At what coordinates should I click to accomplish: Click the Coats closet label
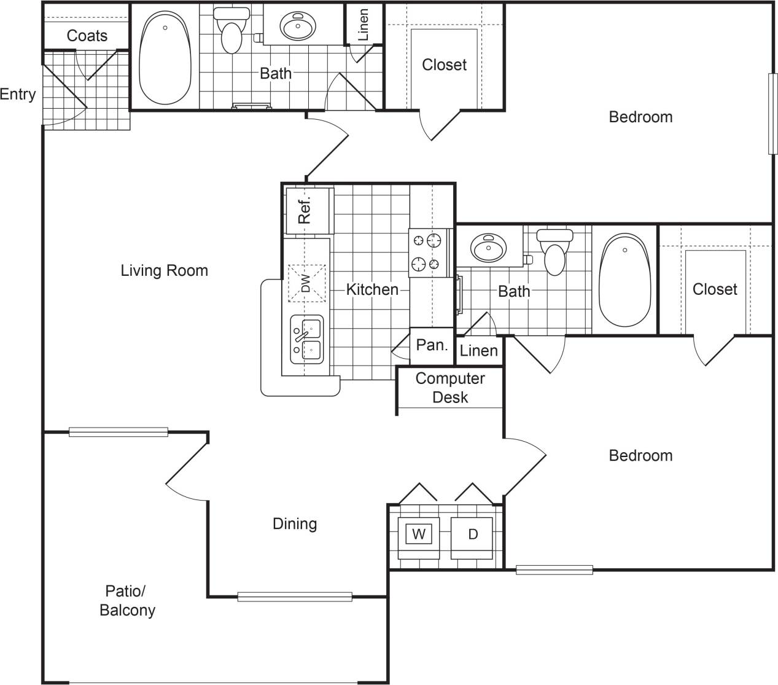[x=87, y=36]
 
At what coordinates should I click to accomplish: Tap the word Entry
[x=18, y=95]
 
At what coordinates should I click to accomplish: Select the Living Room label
[x=164, y=270]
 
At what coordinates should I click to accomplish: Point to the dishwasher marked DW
[x=306, y=283]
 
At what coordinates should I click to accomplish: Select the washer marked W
[x=418, y=534]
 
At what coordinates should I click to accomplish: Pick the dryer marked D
[x=472, y=534]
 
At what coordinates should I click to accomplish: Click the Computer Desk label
[x=450, y=388]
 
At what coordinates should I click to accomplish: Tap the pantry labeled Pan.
[x=432, y=345]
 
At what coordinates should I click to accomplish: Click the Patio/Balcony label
[x=127, y=600]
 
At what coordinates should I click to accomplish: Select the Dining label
[x=295, y=523]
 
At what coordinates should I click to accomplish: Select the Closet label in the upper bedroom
[x=444, y=65]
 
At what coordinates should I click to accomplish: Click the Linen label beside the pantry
[x=478, y=351]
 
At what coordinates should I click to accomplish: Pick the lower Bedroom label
[x=640, y=455]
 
